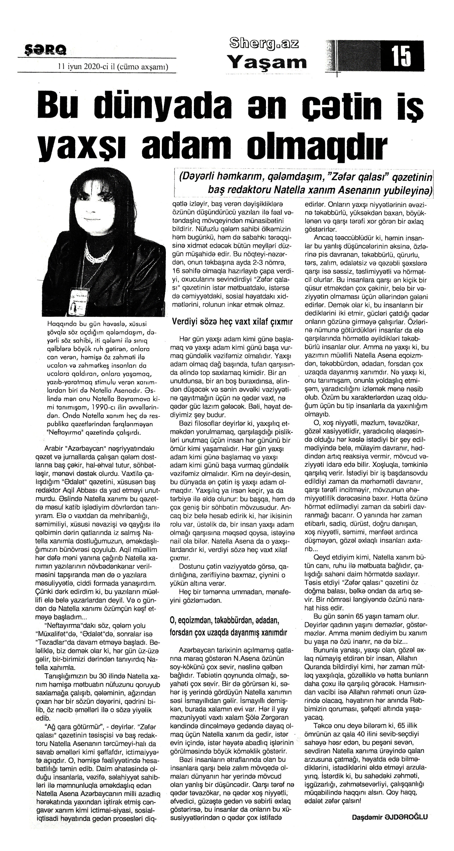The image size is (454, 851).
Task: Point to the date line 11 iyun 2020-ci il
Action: pyautogui.click(x=112, y=67)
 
